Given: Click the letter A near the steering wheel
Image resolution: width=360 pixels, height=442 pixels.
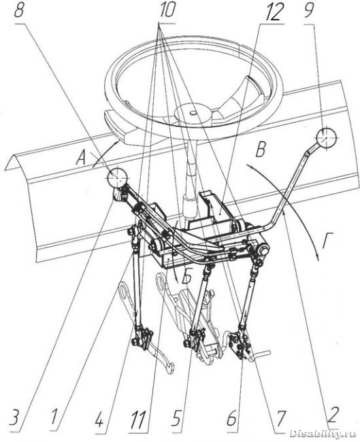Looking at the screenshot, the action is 82,158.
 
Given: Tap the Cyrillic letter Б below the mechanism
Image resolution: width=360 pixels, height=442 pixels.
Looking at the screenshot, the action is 185,277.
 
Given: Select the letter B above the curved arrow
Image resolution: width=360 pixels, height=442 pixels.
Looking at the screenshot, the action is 260,149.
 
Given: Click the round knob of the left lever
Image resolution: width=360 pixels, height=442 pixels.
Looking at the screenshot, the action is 117,177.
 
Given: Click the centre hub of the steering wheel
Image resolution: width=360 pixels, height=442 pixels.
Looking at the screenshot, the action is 193,112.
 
